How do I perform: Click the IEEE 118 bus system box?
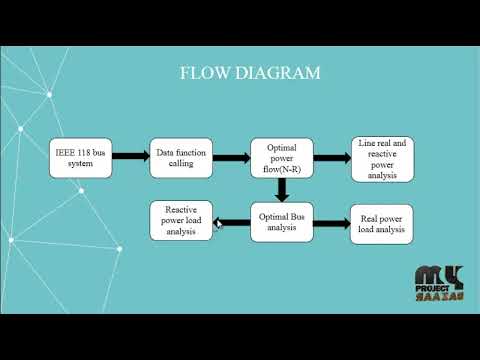pos(79,159)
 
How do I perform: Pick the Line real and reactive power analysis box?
pos(382,159)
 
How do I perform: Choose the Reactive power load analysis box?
pos(181,220)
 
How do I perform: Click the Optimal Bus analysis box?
pos(281,220)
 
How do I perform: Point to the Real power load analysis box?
pos(380,223)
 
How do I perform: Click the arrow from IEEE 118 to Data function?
pos(129,159)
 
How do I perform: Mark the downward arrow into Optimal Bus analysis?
pos(282,191)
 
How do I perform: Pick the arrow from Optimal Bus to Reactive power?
pos(232,222)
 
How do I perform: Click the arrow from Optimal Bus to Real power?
pos(330,222)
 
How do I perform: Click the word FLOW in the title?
pos(200,73)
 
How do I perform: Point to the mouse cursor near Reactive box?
pos(218,226)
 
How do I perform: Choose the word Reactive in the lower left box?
pos(181,207)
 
